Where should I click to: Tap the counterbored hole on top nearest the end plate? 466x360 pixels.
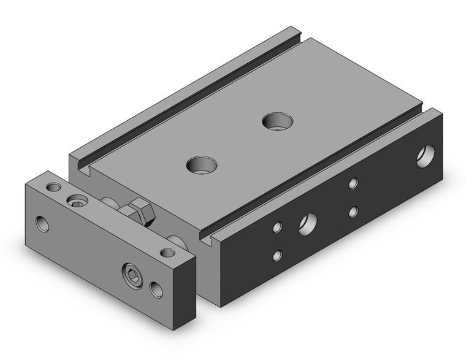coord(202,164)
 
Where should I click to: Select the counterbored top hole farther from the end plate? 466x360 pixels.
coord(277,121)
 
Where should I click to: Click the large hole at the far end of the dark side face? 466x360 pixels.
coord(425,156)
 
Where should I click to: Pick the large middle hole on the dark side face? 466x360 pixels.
coord(307,224)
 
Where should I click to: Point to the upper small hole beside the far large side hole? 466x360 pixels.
coord(353,183)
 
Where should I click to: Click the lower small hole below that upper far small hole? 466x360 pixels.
coord(353,212)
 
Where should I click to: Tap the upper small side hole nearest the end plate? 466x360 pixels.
coord(277,228)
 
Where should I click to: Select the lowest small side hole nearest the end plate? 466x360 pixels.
coord(277,256)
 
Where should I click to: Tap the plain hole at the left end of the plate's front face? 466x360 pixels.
coord(43,224)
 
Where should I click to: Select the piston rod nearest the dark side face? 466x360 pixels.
coord(175,242)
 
